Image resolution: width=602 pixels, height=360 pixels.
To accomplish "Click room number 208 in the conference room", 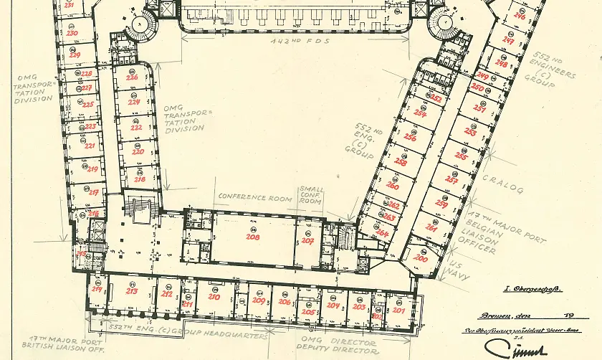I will [x=252, y=236].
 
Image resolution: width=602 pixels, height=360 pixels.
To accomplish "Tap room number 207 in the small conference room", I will [x=307, y=241].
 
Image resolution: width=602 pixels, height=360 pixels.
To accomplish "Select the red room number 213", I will [x=132, y=292].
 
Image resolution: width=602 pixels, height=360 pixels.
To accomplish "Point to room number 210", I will [x=214, y=296].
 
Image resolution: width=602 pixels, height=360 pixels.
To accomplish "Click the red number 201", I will [x=398, y=311].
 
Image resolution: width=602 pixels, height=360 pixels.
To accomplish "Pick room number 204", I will [x=333, y=305].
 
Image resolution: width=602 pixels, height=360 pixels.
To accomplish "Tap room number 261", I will [x=431, y=227].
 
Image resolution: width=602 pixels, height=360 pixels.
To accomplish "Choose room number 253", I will [x=470, y=132].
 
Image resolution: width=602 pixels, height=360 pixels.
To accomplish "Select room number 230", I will [x=72, y=33].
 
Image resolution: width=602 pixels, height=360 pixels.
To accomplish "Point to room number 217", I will [x=94, y=192].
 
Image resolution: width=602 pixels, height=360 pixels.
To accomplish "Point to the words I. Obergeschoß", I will [x=533, y=289].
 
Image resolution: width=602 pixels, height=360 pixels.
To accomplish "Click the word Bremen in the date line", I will [x=492, y=316].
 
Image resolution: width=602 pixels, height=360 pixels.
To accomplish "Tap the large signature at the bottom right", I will [x=516, y=347].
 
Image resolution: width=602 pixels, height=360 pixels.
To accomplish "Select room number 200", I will [x=421, y=257].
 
